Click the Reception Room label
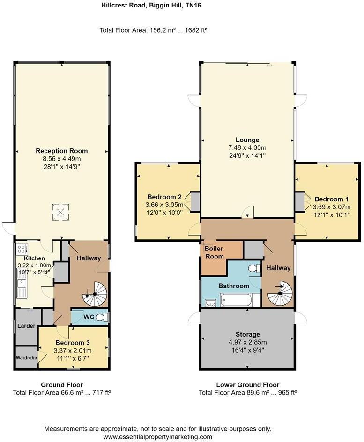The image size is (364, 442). pos(61,151)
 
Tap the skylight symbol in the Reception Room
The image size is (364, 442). pos(60,212)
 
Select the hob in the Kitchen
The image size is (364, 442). pos(22,248)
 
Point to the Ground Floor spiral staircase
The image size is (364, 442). pos(95,294)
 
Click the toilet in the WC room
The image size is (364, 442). pos(102,317)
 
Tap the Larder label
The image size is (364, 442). pos(26,326)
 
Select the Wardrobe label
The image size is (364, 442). pos(26,358)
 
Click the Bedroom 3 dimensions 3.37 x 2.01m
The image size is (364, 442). pos(73,351)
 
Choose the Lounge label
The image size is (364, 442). pos(247,140)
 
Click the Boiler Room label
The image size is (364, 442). pos(214,252)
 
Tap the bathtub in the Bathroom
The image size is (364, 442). pos(237,300)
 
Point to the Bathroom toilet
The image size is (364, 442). pos(254,268)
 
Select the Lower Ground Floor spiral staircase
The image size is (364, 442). pos(281,293)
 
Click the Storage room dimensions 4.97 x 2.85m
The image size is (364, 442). pos(247,342)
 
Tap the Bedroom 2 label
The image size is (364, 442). pos(164,197)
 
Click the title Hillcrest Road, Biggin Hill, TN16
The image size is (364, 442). pos(151,5)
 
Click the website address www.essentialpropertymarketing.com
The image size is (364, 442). pos(158,437)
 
